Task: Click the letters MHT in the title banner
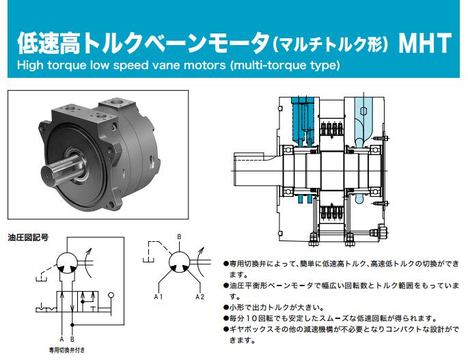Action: (425, 44)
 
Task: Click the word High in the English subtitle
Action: (30, 65)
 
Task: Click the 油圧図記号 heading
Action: (28, 238)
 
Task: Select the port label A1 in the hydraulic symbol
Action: (159, 296)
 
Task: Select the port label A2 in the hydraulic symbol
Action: (199, 296)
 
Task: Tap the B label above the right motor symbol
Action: (179, 237)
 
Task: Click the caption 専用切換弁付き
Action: (67, 350)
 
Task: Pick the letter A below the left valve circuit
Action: (61, 339)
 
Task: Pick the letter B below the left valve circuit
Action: (72, 339)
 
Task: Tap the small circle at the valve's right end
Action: (111, 296)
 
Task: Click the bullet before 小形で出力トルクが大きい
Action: (226, 307)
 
